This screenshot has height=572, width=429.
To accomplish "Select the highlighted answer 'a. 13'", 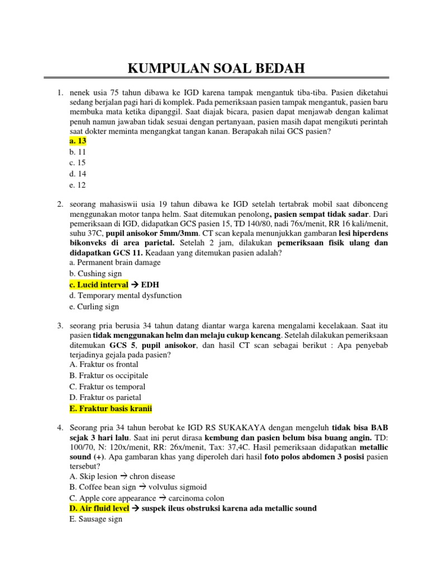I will coord(78,141).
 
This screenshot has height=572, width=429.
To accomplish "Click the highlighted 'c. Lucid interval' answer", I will coord(99,284).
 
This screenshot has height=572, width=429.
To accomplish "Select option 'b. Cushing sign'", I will coord(96,273).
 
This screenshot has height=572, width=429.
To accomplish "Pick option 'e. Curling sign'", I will coord(94,307).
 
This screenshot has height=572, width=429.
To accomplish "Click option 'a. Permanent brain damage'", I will coord(115,262).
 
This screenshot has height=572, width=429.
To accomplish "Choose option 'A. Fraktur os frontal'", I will coord(104,364).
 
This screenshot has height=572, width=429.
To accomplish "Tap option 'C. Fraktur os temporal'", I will coord(107,387).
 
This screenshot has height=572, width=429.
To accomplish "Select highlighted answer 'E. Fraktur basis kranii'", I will coord(111,409).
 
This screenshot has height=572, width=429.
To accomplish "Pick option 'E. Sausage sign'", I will coord(96,519).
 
